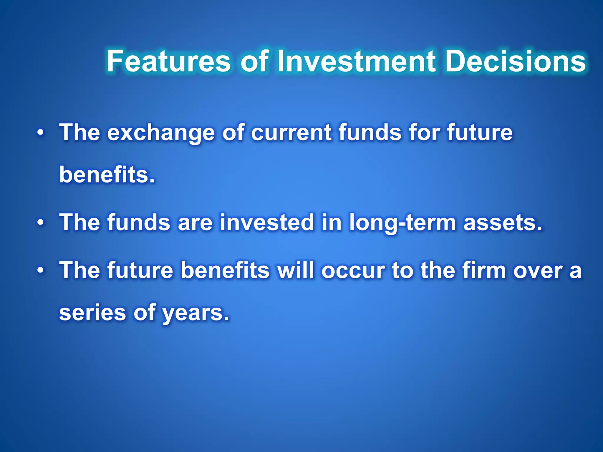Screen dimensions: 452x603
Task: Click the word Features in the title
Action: pyautogui.click(x=168, y=61)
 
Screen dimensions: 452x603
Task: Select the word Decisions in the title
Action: pyautogui.click(x=515, y=61)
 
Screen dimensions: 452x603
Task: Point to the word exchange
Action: pyautogui.click(x=161, y=133)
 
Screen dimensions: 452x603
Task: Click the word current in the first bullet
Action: pyautogui.click(x=291, y=133)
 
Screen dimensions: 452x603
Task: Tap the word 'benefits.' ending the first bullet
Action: pyautogui.click(x=107, y=175)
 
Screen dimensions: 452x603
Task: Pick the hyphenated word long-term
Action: pyautogui.click(x=402, y=223)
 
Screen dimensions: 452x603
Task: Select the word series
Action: pyautogui.click(x=92, y=313)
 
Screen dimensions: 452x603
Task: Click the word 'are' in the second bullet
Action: pyautogui.click(x=195, y=223)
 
